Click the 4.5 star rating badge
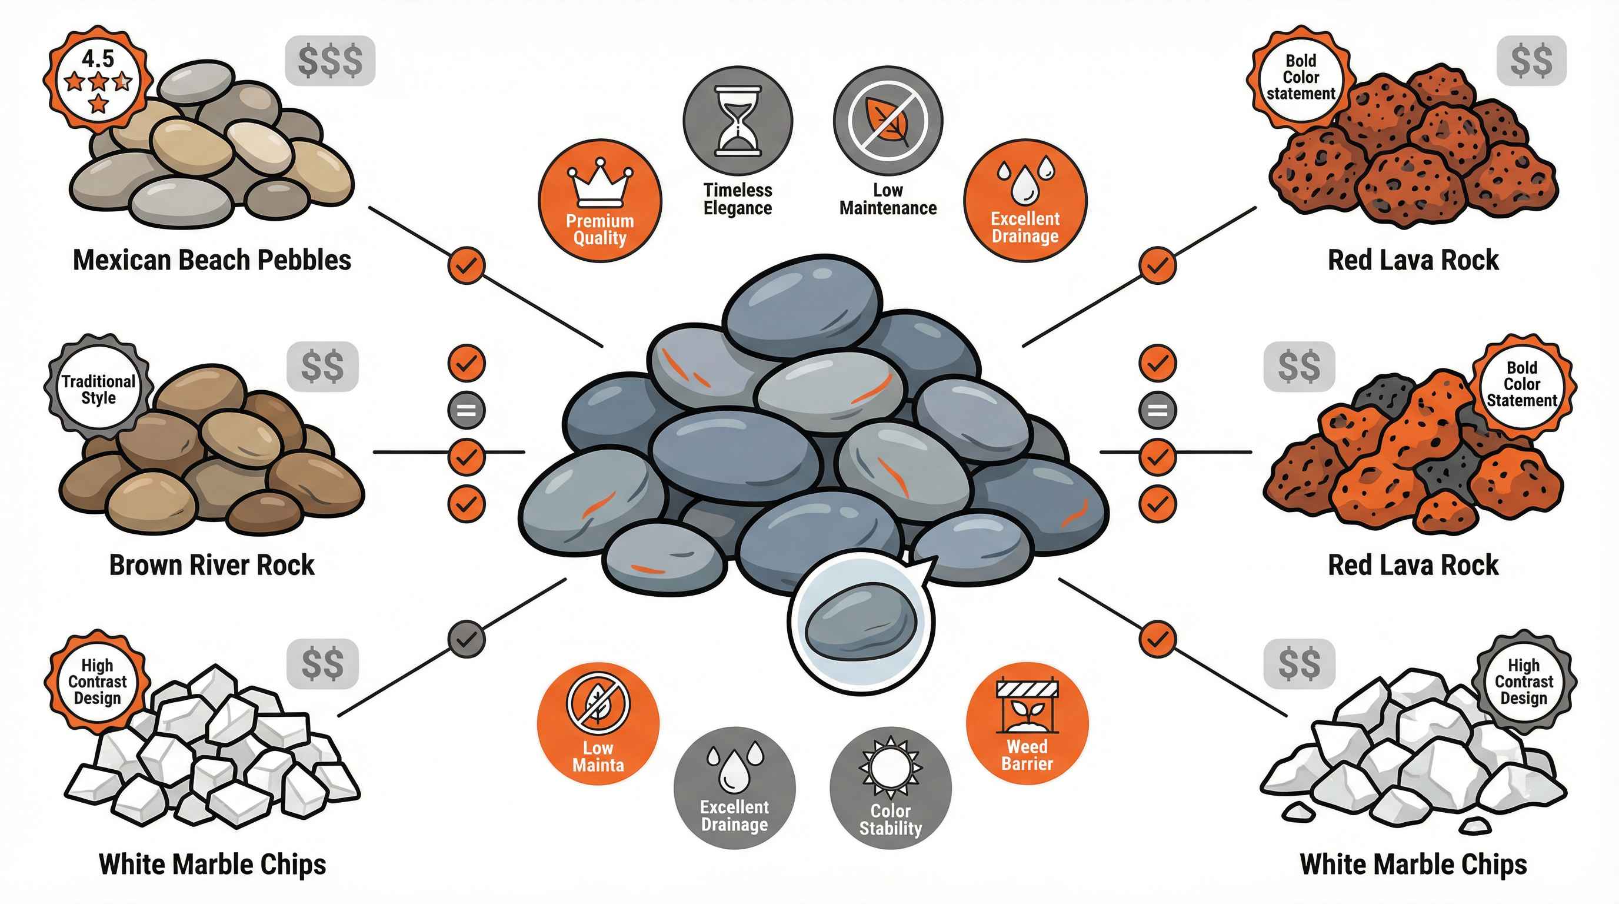(x=98, y=80)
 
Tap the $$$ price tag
(x=330, y=61)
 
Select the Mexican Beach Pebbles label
(x=212, y=260)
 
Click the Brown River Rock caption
(x=212, y=564)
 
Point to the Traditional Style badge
(x=98, y=389)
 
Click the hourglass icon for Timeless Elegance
(x=738, y=121)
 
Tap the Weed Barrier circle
(x=1027, y=723)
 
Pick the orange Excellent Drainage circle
(x=1025, y=200)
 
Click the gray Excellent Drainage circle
(x=734, y=788)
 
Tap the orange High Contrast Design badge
(x=98, y=681)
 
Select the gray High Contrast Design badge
(x=1524, y=682)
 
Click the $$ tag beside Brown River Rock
(x=322, y=367)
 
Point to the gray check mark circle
(x=467, y=639)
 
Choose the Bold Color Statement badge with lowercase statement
(x=1300, y=77)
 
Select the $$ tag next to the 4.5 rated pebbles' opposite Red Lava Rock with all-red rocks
(x=1531, y=61)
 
